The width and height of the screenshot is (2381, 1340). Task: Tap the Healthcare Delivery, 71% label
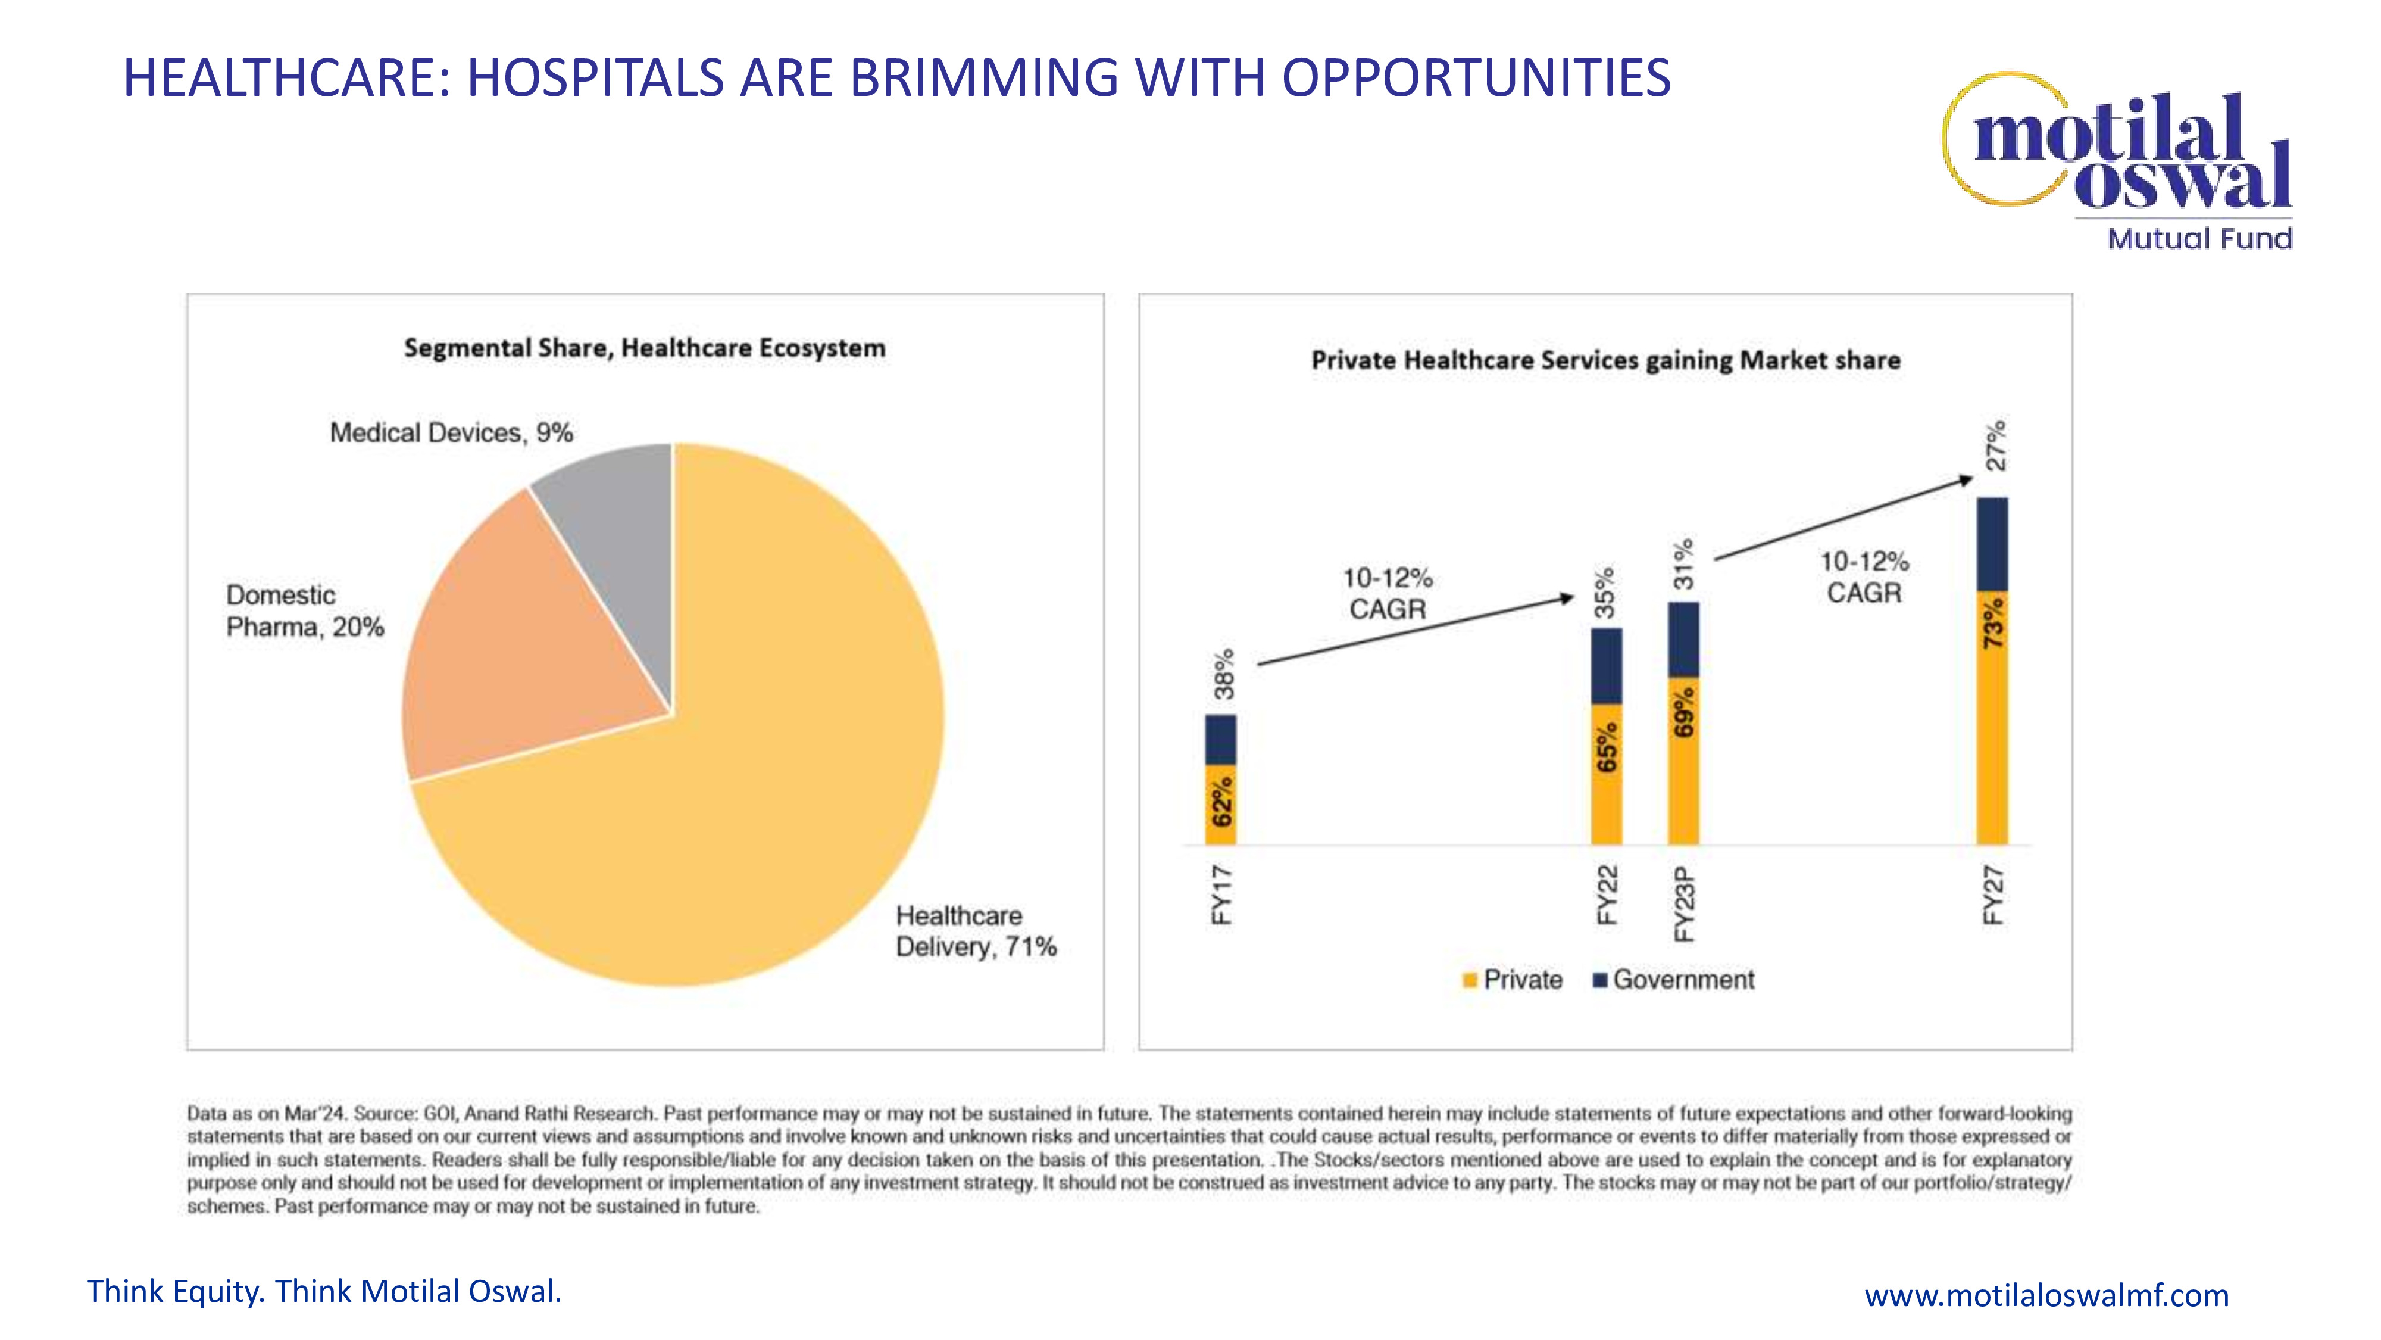point(975,931)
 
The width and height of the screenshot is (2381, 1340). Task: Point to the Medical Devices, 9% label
point(451,433)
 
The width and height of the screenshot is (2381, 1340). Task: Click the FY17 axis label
point(1221,895)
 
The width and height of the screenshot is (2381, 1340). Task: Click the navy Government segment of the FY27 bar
point(1992,544)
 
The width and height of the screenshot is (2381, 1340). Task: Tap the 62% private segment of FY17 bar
point(1221,803)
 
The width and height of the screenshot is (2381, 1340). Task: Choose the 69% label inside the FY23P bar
point(1684,712)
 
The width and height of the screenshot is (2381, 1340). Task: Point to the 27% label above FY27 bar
point(1995,445)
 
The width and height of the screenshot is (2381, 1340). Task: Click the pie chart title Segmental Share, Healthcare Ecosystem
point(644,348)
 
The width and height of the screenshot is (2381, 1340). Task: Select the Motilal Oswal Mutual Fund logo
point(2126,162)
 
